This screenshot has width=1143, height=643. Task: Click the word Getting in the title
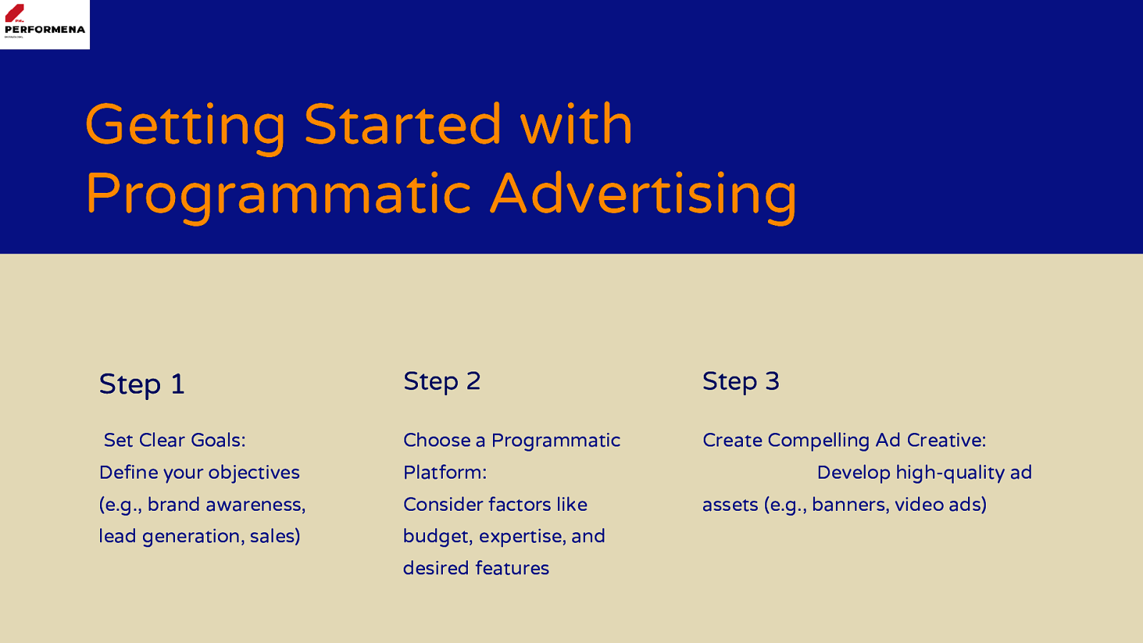185,126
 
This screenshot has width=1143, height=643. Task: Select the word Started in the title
403,124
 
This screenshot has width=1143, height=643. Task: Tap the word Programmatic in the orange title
278,197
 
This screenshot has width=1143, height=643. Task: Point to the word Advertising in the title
643,197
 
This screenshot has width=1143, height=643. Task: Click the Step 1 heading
141,384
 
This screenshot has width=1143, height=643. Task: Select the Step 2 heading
442,382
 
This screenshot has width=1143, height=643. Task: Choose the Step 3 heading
741,382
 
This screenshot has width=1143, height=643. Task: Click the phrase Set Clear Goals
174,440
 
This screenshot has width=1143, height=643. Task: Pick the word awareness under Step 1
255,505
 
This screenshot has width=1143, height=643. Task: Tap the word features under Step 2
511,569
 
